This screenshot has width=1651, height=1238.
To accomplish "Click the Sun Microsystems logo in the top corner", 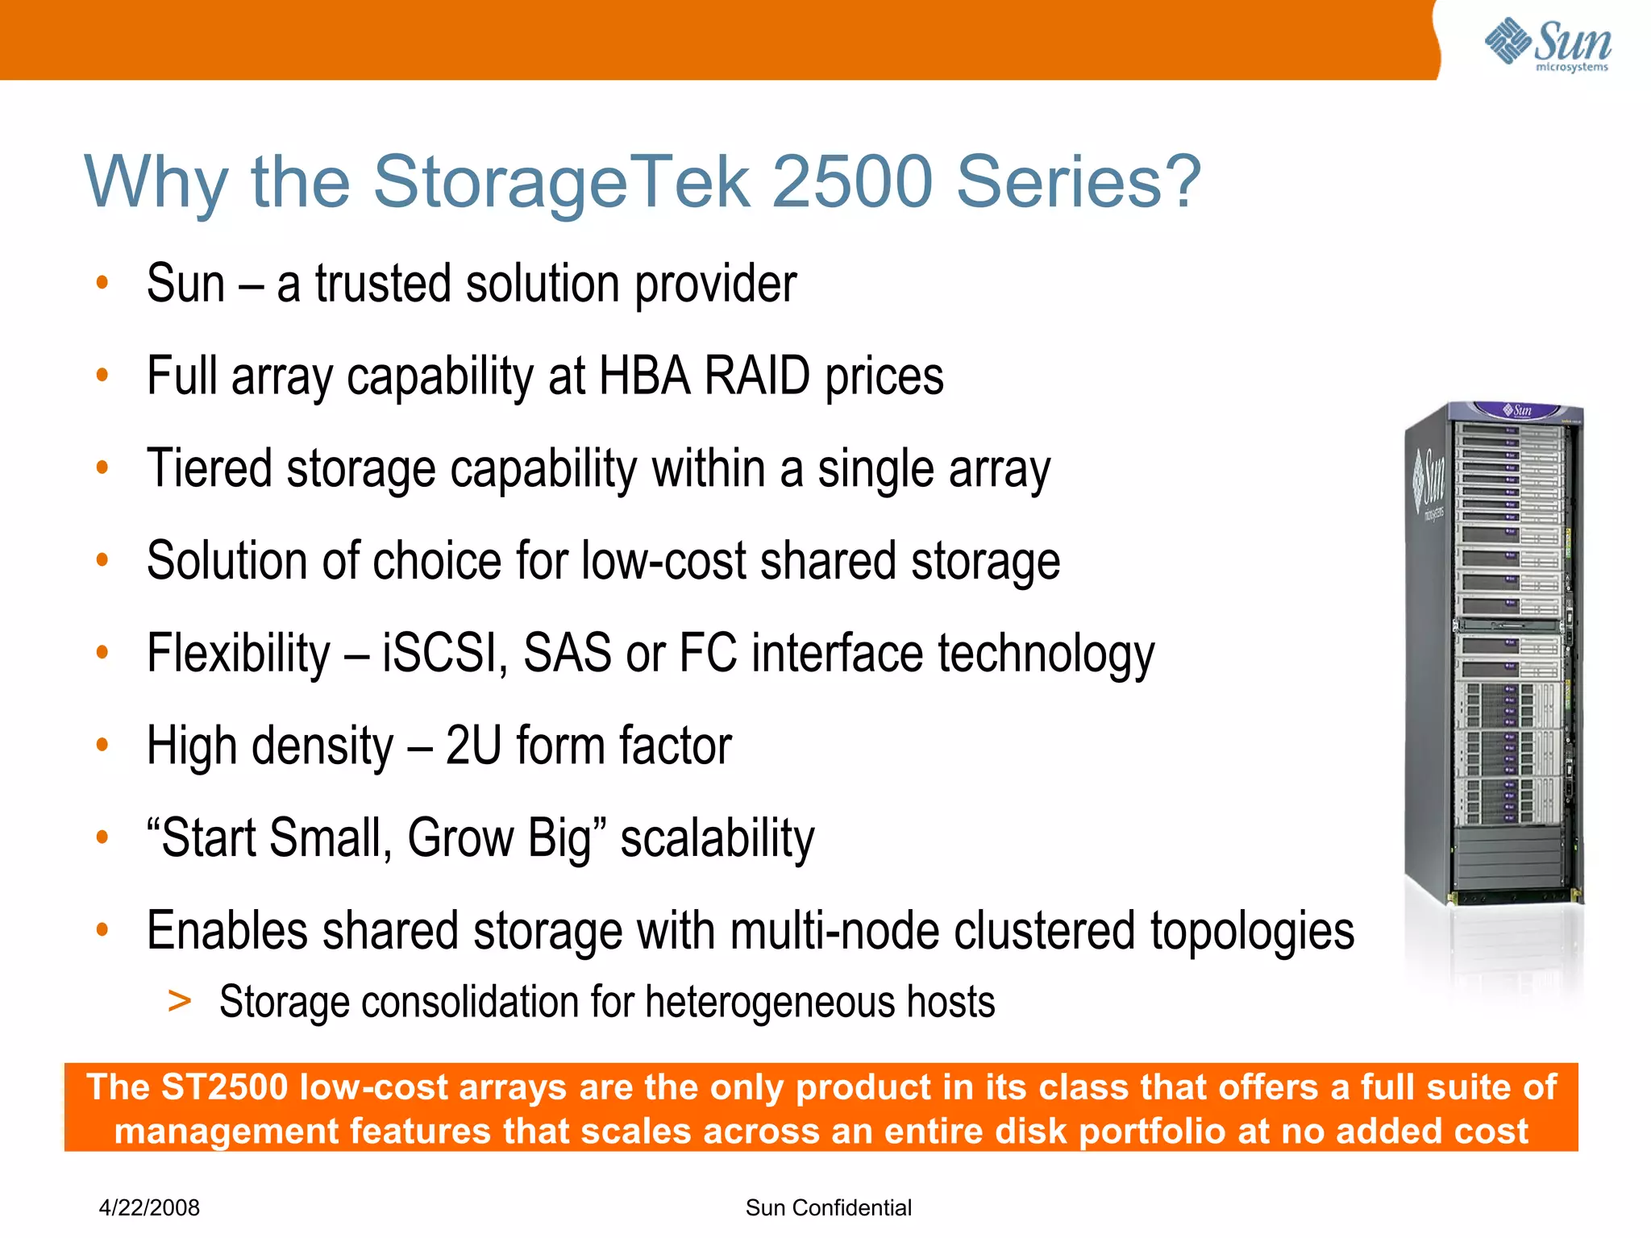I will pyautogui.click(x=1548, y=44).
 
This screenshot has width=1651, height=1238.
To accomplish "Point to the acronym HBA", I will pyautogui.click(x=644, y=376).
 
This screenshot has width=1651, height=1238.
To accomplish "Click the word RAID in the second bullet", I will pyautogui.click(x=756, y=376).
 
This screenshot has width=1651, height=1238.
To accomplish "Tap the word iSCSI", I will pyautogui.click(x=444, y=653).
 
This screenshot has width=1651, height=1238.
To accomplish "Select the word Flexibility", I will pyautogui.click(x=239, y=653).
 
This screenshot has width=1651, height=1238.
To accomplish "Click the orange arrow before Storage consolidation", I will pyautogui.click(x=180, y=1001).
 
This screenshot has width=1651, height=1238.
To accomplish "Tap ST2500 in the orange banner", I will pyautogui.click(x=225, y=1087).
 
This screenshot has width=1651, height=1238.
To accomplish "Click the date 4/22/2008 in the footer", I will pyautogui.click(x=149, y=1207).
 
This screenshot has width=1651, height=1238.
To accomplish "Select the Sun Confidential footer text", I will pyautogui.click(x=828, y=1207).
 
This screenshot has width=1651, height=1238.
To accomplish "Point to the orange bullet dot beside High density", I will pyautogui.click(x=102, y=744).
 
